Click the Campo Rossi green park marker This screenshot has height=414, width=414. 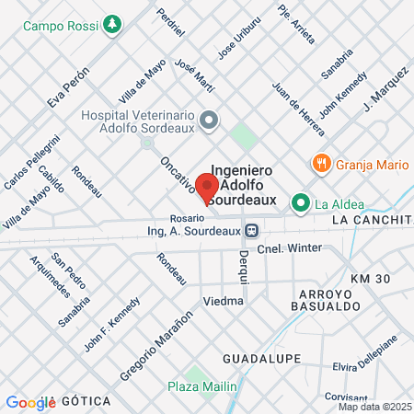click(112, 24)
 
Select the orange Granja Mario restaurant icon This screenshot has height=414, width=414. click(320, 164)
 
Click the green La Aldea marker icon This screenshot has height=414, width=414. click(300, 202)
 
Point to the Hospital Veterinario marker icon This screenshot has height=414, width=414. click(210, 120)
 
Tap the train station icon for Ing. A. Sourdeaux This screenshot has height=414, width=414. click(251, 230)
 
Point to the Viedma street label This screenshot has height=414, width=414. click(224, 301)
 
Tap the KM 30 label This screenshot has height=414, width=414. click(371, 278)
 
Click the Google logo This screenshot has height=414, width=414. click(31, 402)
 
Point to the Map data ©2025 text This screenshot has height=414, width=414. click(374, 407)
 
